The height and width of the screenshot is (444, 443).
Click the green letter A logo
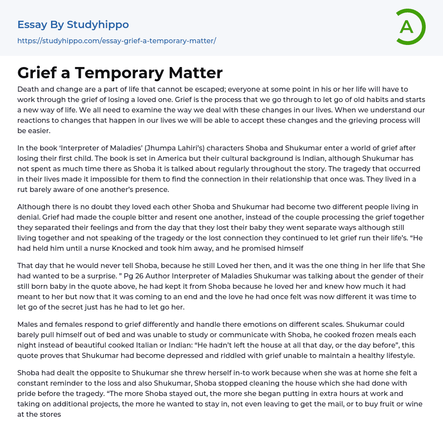coord(409,27)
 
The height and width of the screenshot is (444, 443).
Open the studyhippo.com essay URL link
coord(116,41)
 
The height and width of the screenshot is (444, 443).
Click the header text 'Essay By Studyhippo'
coord(73,25)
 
